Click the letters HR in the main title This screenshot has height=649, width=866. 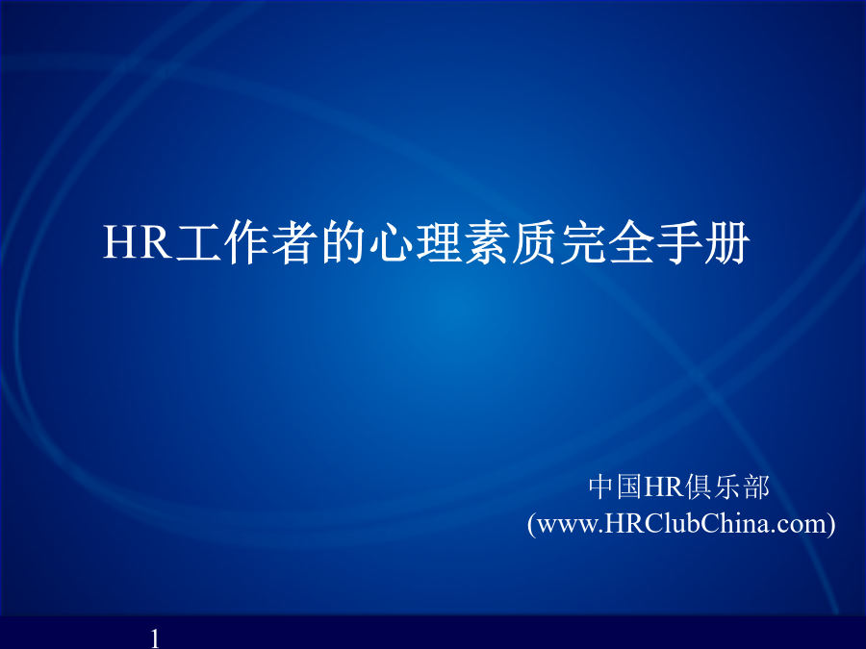coord(137,241)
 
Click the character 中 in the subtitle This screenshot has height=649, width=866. coord(600,487)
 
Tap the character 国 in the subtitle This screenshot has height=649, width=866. coord(628,487)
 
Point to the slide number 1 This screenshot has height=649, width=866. coord(155,638)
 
